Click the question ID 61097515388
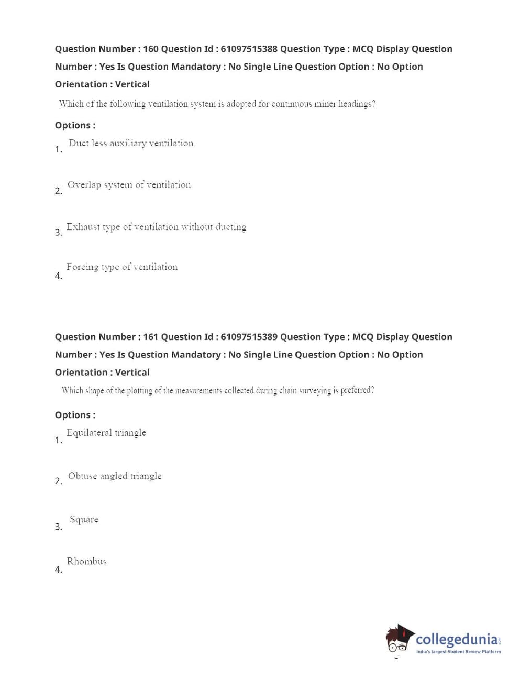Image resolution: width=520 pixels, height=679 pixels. click(249, 49)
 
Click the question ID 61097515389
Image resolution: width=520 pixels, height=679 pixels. click(249, 337)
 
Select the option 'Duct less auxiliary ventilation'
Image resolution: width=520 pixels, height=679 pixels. click(131, 143)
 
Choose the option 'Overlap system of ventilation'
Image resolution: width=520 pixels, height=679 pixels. click(129, 185)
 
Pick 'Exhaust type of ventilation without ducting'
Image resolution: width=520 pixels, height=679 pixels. click(156, 227)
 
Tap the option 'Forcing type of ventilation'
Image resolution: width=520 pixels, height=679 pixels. click(121, 267)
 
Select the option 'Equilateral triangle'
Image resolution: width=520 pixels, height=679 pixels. click(106, 433)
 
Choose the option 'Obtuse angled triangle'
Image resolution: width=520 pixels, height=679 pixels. click(115, 476)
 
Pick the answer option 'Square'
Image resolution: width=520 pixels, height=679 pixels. click(84, 520)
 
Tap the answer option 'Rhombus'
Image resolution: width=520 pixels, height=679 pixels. click(86, 562)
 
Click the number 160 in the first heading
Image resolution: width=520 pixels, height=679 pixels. click(150, 49)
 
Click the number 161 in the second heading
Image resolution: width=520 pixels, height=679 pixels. click(150, 337)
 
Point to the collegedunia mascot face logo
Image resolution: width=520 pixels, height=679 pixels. click(400, 639)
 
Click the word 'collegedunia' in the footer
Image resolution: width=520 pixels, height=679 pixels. click(457, 639)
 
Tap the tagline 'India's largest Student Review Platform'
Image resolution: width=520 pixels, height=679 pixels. click(458, 652)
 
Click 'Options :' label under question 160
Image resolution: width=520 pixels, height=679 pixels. click(75, 125)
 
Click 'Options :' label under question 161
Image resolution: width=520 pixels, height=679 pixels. click(75, 415)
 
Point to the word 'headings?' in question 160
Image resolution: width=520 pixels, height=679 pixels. click(357, 104)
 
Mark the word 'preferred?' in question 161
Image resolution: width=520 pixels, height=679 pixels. click(357, 390)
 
